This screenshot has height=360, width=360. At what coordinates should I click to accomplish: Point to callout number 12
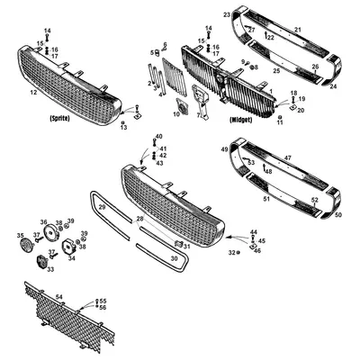tap(33, 93)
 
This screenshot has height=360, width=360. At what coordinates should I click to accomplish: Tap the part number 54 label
tap(60, 295)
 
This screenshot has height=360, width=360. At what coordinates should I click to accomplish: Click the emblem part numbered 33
tap(40, 262)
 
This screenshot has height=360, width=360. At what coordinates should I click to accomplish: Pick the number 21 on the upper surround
tap(298, 31)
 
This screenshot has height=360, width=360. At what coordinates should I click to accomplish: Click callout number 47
tap(289, 157)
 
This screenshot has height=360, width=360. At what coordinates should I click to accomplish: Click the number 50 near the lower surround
tap(337, 215)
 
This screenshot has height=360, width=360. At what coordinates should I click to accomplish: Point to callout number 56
tap(103, 308)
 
